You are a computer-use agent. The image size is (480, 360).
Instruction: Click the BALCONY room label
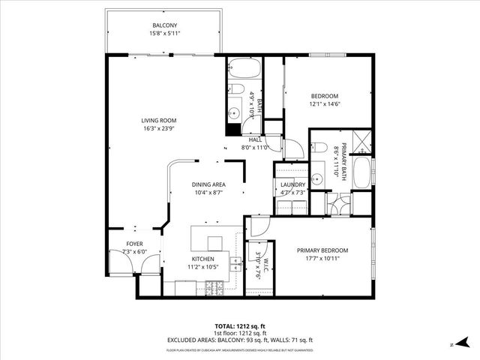click(164, 25)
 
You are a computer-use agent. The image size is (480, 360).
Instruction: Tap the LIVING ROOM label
click(158, 121)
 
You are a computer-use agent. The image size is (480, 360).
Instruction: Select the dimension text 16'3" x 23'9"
click(158, 128)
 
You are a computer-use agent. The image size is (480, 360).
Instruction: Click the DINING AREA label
click(208, 184)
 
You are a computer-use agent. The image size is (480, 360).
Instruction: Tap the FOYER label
click(134, 244)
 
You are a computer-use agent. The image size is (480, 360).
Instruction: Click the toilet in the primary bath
click(318, 148)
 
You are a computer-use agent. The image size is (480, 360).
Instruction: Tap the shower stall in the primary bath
click(361, 140)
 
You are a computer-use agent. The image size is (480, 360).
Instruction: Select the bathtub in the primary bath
click(361, 173)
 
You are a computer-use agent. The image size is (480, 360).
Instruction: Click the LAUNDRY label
click(292, 185)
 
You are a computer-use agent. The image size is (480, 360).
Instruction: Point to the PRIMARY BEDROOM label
click(322, 250)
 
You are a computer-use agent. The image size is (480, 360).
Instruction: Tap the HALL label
click(255, 139)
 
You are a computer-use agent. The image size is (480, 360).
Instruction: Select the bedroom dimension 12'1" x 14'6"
click(325, 103)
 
